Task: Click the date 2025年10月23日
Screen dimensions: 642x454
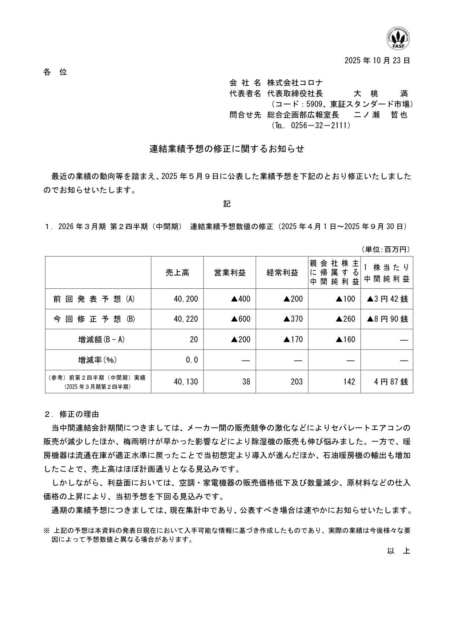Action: pos(377,61)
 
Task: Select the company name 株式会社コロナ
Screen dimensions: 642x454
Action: pos(295,83)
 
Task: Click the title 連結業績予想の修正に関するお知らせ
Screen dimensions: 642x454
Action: pos(227,149)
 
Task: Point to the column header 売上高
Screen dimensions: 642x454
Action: pos(177,273)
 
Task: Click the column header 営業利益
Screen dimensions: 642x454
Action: pos(230,273)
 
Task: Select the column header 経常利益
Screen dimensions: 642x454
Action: pos(282,273)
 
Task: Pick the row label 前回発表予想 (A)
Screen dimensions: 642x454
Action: pos(94,299)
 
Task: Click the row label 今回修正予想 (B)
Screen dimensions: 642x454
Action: pos(94,319)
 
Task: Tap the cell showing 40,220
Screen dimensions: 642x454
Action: pos(186,319)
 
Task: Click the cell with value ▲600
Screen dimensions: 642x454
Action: pos(241,319)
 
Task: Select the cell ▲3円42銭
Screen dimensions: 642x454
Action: pos(387,299)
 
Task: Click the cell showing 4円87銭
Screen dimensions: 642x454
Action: pos(391,382)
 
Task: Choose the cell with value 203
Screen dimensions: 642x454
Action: pos(297,382)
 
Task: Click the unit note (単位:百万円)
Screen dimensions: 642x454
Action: pos(386,249)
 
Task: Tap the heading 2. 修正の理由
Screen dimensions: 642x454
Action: pos(72,414)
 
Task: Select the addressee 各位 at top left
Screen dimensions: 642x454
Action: pos(55,72)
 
